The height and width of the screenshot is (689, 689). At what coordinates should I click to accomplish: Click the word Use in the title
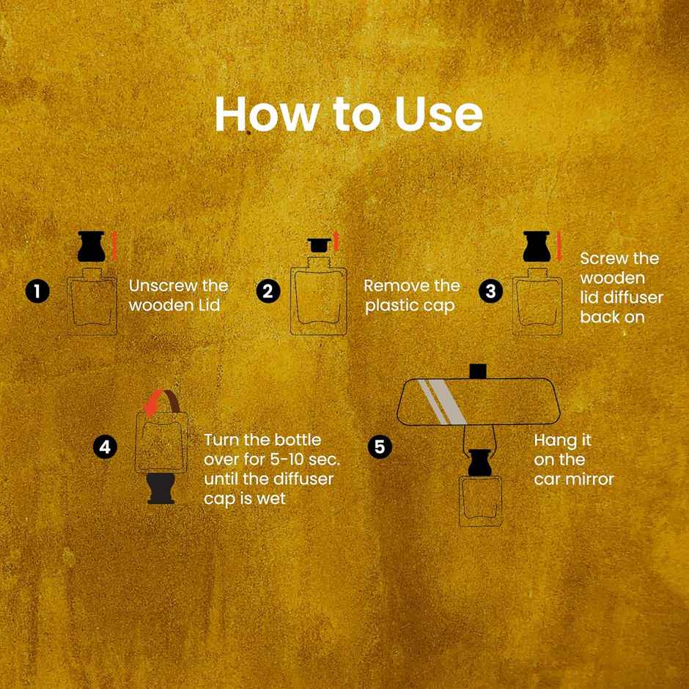[438, 114]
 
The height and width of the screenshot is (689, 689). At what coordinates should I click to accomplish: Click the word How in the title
[267, 114]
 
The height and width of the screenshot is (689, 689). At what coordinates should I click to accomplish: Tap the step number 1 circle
[37, 291]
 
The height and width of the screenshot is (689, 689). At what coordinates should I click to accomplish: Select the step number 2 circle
[268, 291]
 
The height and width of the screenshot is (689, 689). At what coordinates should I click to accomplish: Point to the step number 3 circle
[491, 291]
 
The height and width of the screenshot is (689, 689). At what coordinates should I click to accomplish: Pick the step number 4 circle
[105, 447]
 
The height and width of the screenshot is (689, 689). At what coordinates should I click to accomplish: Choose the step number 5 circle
[379, 447]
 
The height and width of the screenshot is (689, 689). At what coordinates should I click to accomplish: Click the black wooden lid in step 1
[92, 246]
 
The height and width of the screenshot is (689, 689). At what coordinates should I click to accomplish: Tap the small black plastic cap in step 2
[319, 246]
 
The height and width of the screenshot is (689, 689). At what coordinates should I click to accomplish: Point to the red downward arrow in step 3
[559, 246]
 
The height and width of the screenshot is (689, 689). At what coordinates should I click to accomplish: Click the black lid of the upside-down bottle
[161, 488]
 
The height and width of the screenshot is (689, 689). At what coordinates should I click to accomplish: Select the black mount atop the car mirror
[478, 372]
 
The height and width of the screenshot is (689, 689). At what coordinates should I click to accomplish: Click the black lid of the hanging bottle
[480, 463]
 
